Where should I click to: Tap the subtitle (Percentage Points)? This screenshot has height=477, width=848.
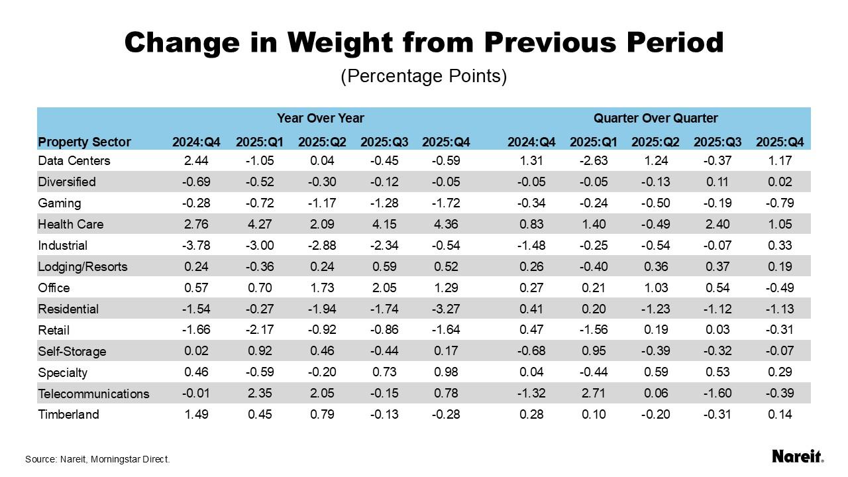424,76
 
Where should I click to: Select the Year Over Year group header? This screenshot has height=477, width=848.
321,119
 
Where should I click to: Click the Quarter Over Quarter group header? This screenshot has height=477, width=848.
655,119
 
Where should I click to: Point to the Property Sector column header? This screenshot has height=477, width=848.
85,142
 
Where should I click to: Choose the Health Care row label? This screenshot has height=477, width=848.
71,224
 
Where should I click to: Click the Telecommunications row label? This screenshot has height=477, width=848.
93,394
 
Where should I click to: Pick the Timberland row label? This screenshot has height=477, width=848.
69,415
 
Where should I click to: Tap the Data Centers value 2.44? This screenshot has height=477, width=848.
196,160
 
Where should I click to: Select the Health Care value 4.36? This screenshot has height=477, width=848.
446,224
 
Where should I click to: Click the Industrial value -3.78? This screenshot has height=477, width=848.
196,245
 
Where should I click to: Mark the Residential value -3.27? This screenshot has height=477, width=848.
446,309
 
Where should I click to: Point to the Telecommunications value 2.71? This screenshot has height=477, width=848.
594,394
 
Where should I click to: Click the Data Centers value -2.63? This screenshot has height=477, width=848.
594,160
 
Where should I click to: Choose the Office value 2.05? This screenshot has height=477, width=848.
384,288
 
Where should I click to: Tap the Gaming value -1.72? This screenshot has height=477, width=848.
446,203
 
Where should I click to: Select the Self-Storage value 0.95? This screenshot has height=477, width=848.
594,351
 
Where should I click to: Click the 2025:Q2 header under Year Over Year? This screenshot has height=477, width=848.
321,142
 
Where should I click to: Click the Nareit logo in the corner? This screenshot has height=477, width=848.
798,456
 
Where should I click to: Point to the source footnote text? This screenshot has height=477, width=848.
98,459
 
